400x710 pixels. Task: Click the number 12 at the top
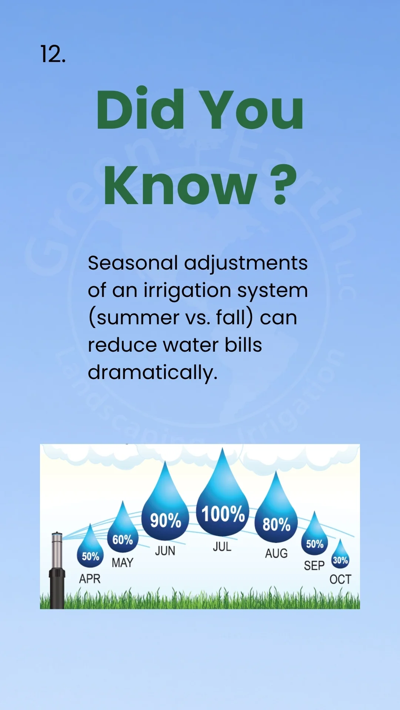53,54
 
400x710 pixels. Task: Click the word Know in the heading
180,185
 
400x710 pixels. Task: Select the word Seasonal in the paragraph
133,263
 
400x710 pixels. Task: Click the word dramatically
152,372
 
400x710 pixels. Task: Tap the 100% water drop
223,510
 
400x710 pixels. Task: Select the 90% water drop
165,516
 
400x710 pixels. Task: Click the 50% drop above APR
90,553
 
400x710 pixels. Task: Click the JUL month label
222,547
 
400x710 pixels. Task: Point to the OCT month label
340,579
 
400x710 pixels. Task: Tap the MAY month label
122,563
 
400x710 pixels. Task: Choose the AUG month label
276,554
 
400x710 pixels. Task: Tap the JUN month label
165,551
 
